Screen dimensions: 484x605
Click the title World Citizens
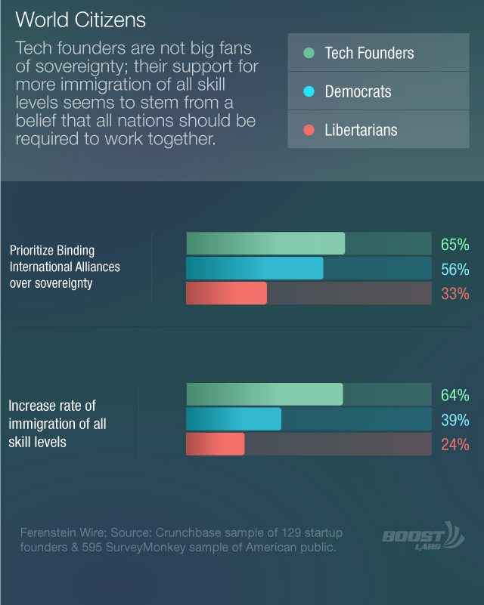coord(80,20)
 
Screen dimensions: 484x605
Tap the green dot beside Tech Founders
coord(309,53)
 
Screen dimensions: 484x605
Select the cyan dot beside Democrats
coord(309,91)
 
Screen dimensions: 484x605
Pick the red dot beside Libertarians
coord(309,130)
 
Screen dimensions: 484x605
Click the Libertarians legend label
coord(361,130)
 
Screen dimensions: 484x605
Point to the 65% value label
coord(455,245)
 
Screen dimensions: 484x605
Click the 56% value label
coord(455,270)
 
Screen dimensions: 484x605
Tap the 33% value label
coord(455,294)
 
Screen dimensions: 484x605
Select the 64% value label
coord(455,395)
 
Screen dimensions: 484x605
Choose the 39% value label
coord(455,420)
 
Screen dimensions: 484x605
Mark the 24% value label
coord(455,444)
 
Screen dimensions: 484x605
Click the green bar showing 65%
coord(265,243)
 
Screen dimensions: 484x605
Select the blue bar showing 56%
coord(255,268)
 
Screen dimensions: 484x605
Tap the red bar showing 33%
coord(226,293)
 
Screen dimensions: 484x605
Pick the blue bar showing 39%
coord(234,419)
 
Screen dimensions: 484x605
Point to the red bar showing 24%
coord(216,444)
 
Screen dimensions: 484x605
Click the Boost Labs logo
coord(423,536)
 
